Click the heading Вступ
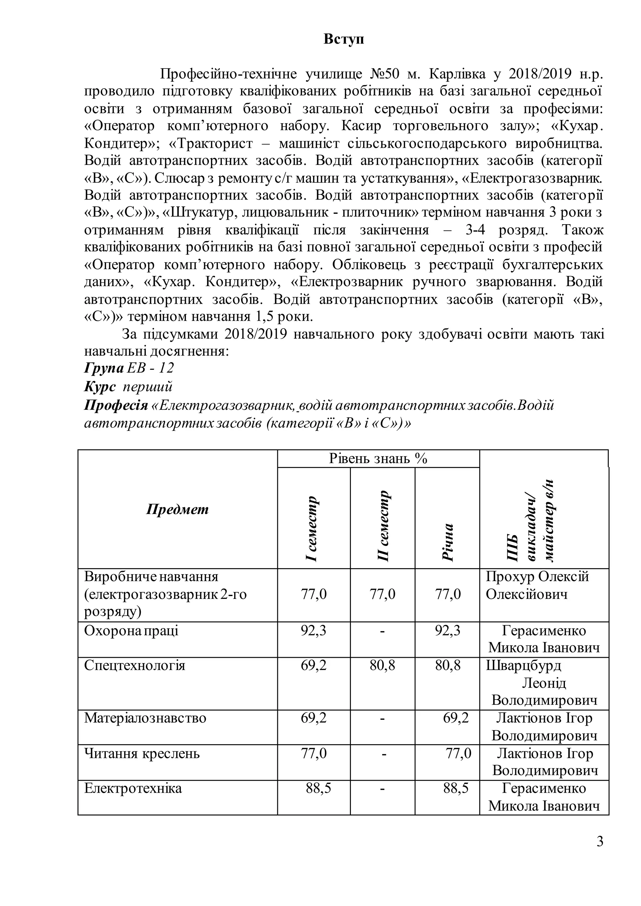(x=343, y=39)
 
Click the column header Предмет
(x=177, y=509)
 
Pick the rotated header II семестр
(x=383, y=526)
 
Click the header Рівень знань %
(x=378, y=459)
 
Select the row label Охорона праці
(x=131, y=631)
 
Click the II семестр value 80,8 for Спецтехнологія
(x=382, y=665)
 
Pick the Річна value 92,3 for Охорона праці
(x=448, y=631)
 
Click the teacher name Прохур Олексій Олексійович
(x=537, y=585)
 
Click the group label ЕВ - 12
(x=150, y=368)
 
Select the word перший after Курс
(x=148, y=387)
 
